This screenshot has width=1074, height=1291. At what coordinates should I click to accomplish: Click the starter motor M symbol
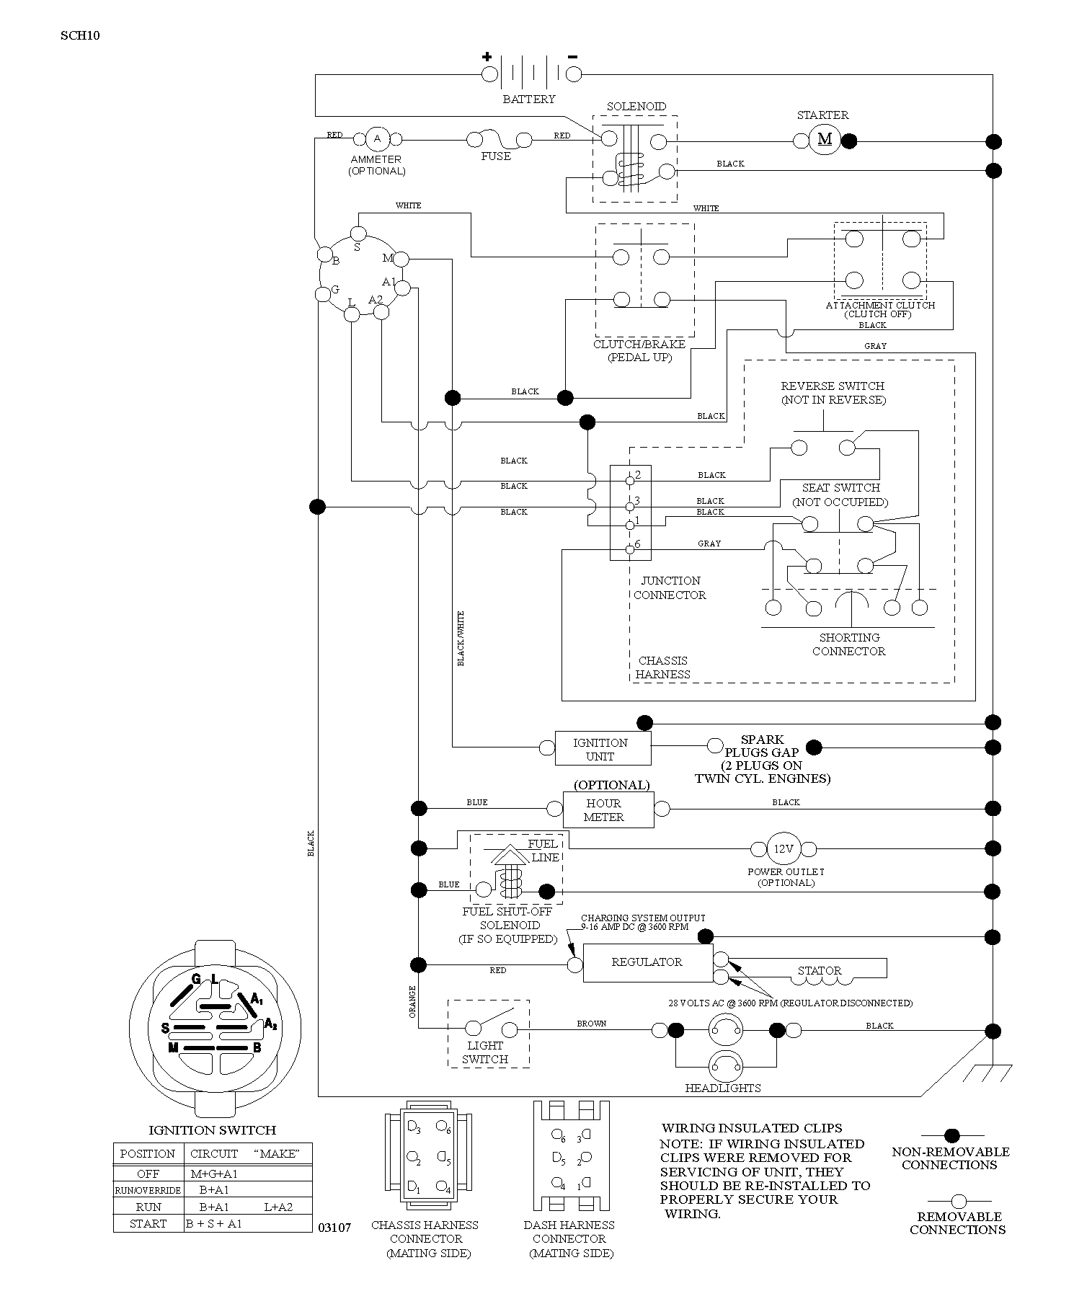point(825,139)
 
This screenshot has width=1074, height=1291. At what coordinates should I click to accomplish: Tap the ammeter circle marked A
point(377,138)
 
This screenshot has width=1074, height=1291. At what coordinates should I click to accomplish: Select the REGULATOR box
point(647,962)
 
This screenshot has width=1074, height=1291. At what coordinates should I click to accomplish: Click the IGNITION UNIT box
point(603,749)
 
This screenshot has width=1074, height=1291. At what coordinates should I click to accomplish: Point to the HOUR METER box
point(608,809)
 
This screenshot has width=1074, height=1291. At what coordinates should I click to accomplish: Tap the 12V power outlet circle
point(784,848)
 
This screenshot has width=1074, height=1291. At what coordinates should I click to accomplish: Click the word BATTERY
point(529,99)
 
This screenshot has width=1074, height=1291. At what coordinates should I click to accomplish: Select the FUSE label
point(496,156)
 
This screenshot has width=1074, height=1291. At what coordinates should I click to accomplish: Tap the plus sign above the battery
point(487,57)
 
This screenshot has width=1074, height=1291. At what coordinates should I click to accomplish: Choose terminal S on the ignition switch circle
point(358,232)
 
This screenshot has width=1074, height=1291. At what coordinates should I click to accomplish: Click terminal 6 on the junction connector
point(630,549)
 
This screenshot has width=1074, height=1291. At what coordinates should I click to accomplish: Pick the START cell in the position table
point(148,1223)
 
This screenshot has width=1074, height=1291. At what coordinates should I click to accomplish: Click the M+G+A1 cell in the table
point(214,1174)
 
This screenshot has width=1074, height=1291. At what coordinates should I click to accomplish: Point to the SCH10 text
point(80,35)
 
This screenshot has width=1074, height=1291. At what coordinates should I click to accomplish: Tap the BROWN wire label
point(592,1023)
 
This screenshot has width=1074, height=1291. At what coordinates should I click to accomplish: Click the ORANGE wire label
point(413,1001)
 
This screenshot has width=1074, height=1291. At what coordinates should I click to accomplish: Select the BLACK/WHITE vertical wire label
point(461,639)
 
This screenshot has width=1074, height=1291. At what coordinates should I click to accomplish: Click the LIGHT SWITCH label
point(485,1052)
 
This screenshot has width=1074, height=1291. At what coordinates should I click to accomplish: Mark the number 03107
point(334,1228)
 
